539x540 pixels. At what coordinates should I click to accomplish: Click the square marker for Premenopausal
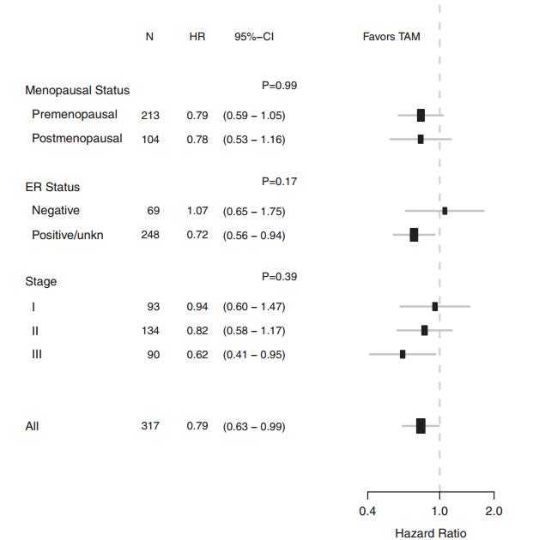421,115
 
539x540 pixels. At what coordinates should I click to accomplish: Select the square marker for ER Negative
445,211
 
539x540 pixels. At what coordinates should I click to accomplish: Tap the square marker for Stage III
403,354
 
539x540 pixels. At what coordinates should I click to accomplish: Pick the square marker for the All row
421,426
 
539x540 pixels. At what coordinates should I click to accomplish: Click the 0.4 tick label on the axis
367,512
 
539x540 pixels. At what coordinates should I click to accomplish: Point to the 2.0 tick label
494,512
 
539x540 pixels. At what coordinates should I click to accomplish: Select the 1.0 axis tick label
439,512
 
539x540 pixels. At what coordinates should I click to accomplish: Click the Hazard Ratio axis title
431,532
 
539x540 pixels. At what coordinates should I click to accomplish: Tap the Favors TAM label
391,37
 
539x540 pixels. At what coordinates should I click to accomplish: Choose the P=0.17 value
280,182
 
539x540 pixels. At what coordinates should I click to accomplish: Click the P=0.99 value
280,86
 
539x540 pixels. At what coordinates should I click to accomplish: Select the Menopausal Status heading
77,90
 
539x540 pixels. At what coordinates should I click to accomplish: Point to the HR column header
197,37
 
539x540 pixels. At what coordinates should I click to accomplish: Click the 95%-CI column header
254,37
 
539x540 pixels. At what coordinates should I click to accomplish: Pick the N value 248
150,235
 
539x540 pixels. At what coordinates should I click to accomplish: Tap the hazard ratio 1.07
197,211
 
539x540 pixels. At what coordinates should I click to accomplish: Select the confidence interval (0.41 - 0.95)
254,354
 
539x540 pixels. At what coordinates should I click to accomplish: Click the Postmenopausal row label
77,138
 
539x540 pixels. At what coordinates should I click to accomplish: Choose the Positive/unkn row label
68,235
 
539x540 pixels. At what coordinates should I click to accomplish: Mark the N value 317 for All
150,426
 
